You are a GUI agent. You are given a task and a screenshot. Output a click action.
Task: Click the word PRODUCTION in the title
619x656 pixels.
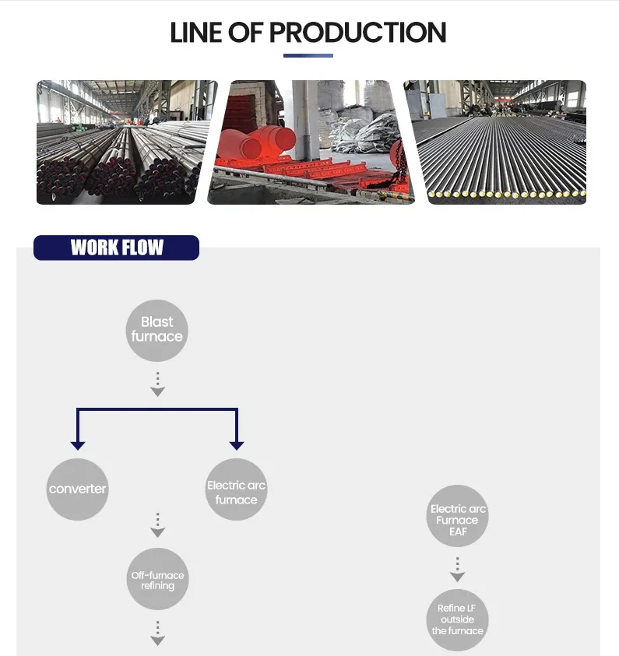[x=358, y=33]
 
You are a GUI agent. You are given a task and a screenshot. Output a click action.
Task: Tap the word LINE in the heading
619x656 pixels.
[x=195, y=33]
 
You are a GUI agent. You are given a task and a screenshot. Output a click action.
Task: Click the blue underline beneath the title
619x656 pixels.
[x=308, y=55]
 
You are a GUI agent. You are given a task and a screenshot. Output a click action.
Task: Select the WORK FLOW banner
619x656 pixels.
[x=116, y=247]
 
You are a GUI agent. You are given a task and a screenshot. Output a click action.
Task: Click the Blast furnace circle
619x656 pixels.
[x=157, y=331]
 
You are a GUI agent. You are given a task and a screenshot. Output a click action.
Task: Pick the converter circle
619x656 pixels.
[x=77, y=489]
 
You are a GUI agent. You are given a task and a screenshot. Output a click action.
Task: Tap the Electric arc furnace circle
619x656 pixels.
[x=237, y=489]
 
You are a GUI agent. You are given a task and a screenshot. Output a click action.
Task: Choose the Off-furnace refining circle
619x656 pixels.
[x=158, y=579]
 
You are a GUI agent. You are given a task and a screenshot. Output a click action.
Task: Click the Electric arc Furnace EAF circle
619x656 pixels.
[x=458, y=516]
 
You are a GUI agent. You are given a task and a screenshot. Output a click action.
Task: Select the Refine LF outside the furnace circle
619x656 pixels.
[x=458, y=620]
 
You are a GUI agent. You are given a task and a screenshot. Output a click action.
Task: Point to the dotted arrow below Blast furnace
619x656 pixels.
[x=158, y=384]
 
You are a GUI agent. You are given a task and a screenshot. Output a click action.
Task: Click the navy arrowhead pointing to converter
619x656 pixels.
[x=78, y=446]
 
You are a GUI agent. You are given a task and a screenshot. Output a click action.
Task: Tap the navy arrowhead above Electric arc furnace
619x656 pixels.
[x=237, y=446]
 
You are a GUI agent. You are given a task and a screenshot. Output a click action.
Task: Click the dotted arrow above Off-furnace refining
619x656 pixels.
[x=158, y=525]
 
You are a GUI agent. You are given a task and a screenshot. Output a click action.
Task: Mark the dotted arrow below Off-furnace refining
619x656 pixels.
[x=158, y=633]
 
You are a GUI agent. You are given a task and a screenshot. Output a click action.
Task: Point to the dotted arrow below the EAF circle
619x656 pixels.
[x=458, y=570]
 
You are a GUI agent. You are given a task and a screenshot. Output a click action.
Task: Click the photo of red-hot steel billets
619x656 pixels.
[x=311, y=142]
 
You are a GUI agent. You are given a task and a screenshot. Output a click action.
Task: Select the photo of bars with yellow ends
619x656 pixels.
[x=495, y=142]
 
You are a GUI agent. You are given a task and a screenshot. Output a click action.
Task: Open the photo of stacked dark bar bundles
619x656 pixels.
[x=127, y=142]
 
